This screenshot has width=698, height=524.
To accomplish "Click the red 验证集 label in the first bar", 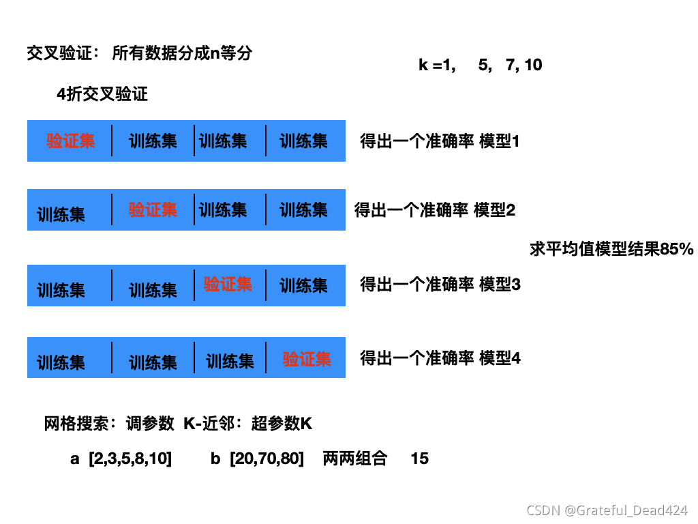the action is pyautogui.click(x=70, y=141).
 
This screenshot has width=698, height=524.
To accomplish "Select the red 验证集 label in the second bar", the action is pyautogui.click(x=153, y=209).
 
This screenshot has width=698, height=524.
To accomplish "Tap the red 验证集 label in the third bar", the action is pyautogui.click(x=228, y=284).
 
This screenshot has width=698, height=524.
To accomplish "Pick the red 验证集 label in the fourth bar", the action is pyautogui.click(x=307, y=359).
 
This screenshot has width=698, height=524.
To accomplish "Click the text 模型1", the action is pyautogui.click(x=500, y=142).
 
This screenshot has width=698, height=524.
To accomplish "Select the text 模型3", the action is pyautogui.click(x=500, y=284).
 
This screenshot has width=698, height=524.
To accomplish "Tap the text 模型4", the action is pyautogui.click(x=500, y=358).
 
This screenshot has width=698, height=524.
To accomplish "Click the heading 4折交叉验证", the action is pyautogui.click(x=102, y=95).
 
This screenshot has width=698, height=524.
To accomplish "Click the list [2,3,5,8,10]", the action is pyautogui.click(x=130, y=458).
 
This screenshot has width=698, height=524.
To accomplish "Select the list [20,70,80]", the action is pyautogui.click(x=267, y=458).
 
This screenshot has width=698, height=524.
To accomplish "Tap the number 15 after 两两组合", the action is pyautogui.click(x=420, y=458).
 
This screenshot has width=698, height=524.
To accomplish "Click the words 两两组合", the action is pyautogui.click(x=355, y=458).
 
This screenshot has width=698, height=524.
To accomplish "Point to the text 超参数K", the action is pyautogui.click(x=282, y=424).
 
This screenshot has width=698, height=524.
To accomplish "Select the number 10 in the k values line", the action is pyautogui.click(x=534, y=65).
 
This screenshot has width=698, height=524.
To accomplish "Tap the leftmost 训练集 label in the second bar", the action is pyautogui.click(x=61, y=214).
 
